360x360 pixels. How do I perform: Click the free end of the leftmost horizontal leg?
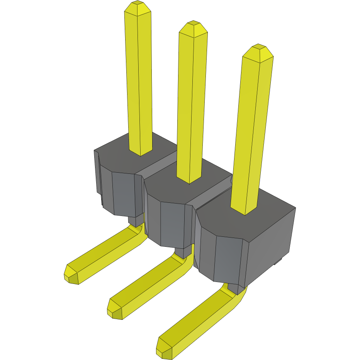pos(71,275)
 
